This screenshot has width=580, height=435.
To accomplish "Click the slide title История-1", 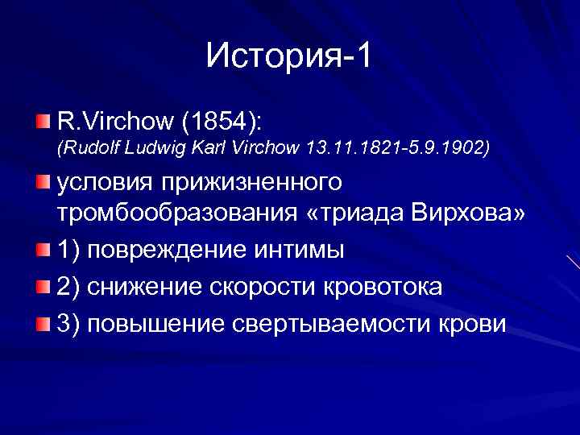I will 289,56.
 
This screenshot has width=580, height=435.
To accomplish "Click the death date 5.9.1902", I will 443,149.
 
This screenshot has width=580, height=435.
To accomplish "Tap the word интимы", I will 299,251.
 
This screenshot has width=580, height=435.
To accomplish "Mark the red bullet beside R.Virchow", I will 42,122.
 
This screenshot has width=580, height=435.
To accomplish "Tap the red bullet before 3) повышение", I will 42,324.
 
